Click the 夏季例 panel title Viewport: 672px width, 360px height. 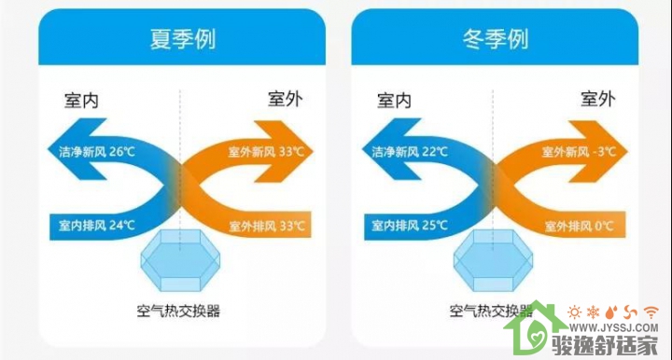point(182,39)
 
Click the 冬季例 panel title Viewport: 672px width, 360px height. point(495,39)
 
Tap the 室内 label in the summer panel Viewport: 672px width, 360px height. point(81,101)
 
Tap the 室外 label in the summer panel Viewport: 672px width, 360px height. point(285,99)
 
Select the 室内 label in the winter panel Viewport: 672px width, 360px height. point(394,101)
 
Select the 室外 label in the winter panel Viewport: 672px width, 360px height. point(598,99)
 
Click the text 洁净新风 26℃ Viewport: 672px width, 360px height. point(97,151)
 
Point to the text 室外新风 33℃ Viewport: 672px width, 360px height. point(266,151)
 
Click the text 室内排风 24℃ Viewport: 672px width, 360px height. point(97,225)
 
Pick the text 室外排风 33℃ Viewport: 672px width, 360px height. point(267,226)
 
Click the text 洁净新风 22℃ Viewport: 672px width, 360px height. point(410,151)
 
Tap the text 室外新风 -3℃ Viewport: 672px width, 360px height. point(579,151)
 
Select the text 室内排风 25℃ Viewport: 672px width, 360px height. point(410,225)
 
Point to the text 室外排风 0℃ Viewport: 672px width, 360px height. point(580,226)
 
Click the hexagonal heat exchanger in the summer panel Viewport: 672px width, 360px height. point(180,261)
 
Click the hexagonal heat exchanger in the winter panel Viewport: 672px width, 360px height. point(494,261)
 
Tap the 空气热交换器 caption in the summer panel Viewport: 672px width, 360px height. point(178,311)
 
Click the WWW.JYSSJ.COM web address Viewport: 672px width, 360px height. point(613,328)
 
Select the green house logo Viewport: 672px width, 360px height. point(536,328)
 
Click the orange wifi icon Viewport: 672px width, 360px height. point(651,312)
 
